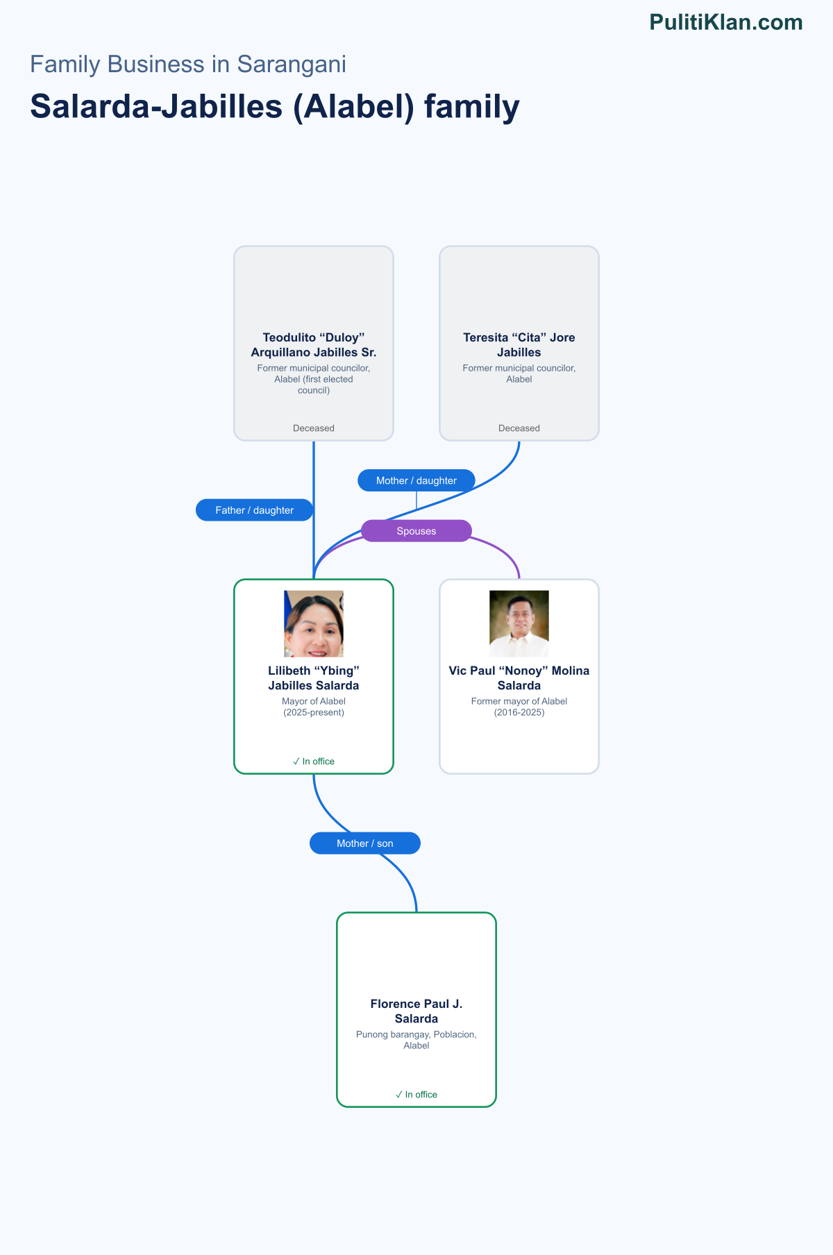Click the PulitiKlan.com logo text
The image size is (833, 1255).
(x=726, y=22)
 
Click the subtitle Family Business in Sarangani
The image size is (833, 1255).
(x=188, y=64)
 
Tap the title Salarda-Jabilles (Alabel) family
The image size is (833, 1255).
(x=275, y=107)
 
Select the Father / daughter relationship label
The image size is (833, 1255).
(x=255, y=510)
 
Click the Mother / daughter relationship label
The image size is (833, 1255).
(x=416, y=480)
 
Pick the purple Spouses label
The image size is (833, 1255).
(x=416, y=531)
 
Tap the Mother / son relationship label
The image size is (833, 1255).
(x=365, y=843)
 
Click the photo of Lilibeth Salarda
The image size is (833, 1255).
(x=314, y=624)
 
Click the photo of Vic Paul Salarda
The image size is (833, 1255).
(x=519, y=624)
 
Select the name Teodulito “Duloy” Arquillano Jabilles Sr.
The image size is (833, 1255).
(x=314, y=345)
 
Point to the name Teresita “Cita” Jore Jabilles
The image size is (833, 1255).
(x=519, y=345)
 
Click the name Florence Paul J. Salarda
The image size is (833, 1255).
(x=416, y=1011)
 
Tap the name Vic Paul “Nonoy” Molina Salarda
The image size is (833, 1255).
(x=519, y=678)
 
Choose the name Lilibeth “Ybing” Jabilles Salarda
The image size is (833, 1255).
(x=314, y=678)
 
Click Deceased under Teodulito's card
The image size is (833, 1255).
(x=314, y=428)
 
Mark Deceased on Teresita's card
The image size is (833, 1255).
(x=519, y=428)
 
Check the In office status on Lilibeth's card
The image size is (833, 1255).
(x=314, y=761)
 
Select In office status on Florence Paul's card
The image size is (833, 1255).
(x=416, y=1095)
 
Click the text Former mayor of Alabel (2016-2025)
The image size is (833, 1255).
(x=519, y=707)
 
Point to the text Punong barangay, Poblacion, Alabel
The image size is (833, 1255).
(x=416, y=1040)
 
